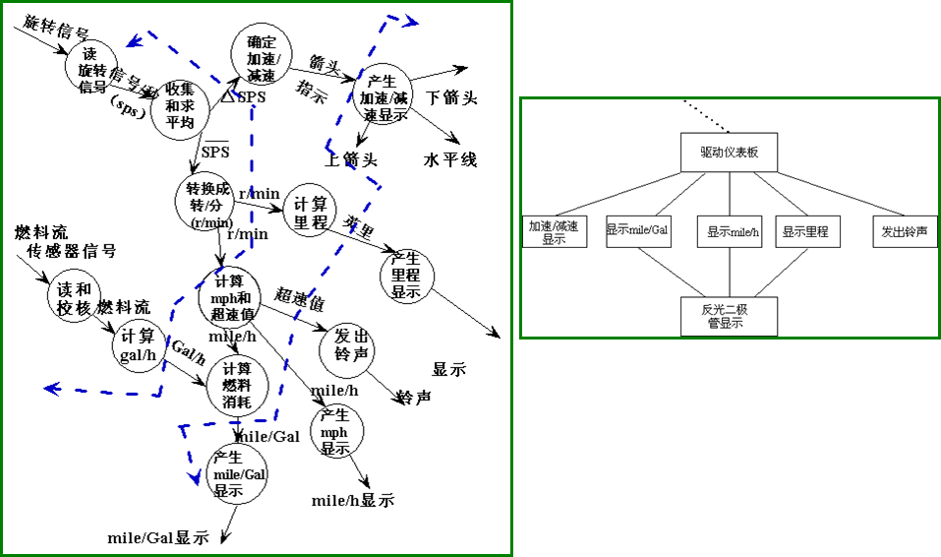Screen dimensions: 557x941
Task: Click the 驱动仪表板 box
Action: point(729,153)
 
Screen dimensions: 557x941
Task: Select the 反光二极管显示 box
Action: point(729,316)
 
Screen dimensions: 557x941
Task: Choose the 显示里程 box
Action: point(805,231)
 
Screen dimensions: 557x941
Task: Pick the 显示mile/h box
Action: point(729,231)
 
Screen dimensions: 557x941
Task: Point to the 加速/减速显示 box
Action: point(554,232)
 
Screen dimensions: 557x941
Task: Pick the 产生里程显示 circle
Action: point(406,278)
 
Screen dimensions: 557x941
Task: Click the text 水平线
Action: point(450,159)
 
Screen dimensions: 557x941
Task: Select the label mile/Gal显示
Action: point(159,538)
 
